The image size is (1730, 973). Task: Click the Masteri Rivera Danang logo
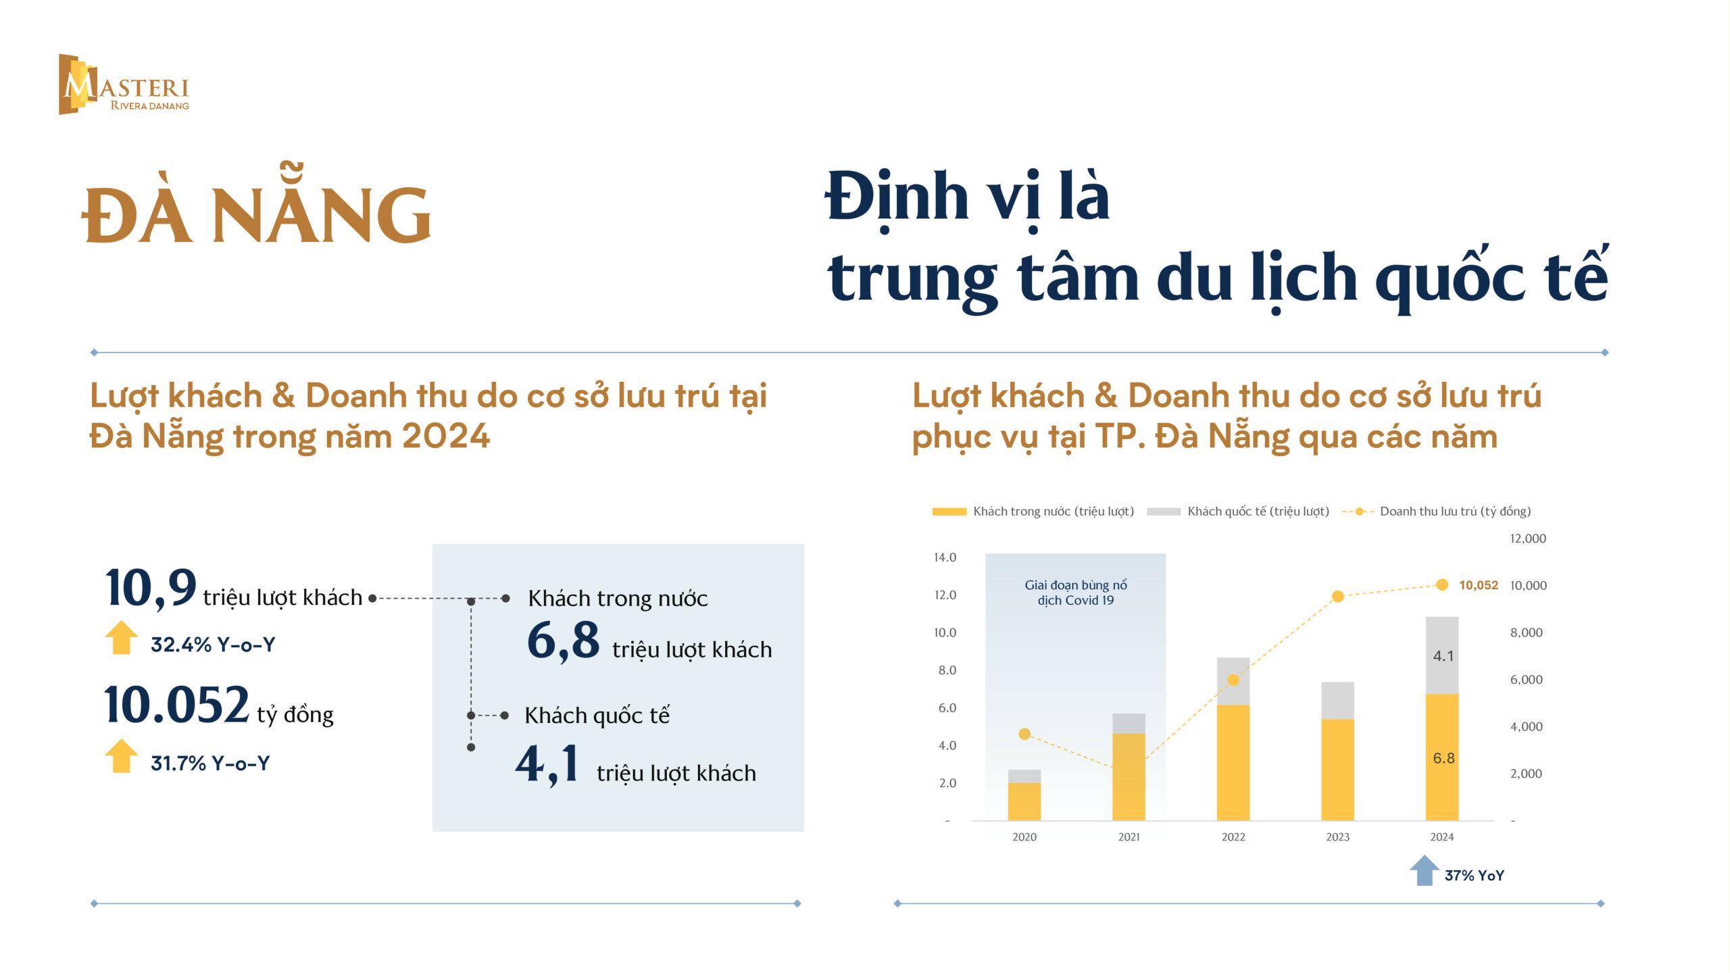(124, 84)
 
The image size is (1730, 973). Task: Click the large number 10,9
(151, 589)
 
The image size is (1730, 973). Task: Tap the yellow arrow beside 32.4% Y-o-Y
(122, 637)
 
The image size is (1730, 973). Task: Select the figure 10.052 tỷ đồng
(218, 705)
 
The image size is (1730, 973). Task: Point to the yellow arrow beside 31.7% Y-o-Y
(122, 755)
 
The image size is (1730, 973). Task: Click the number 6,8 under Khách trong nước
(563, 641)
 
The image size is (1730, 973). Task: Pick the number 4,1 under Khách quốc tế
(547, 765)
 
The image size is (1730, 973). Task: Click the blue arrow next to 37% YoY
(1425, 870)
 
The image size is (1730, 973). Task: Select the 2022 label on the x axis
(1233, 837)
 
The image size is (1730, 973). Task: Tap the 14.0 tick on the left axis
(945, 557)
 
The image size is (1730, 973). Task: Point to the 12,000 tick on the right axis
(1528, 539)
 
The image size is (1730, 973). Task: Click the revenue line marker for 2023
(1337, 597)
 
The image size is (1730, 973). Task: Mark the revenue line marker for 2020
(1024, 734)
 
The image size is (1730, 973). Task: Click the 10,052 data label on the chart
(1479, 585)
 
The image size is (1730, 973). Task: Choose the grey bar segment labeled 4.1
(1442, 655)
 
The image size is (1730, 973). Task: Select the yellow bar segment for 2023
(1337, 770)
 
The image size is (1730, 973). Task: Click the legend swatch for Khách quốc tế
(1164, 512)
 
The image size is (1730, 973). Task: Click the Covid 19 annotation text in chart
(1076, 593)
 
